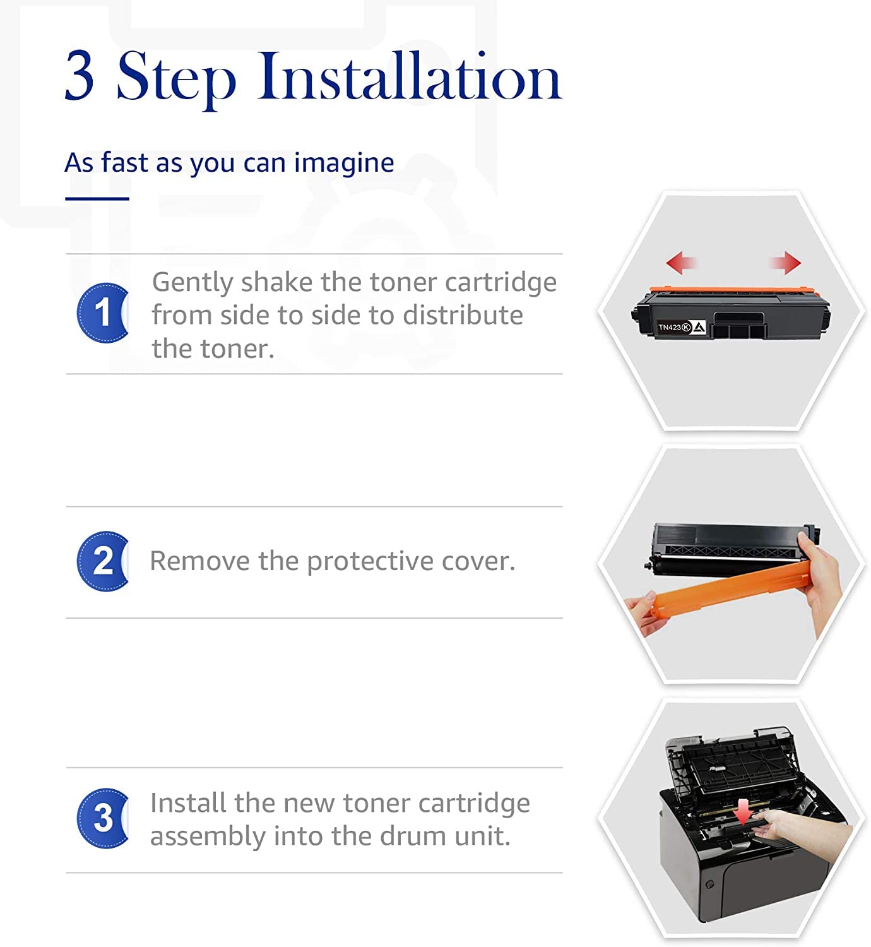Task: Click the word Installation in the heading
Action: click(x=409, y=76)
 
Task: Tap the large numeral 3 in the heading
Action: click(x=80, y=76)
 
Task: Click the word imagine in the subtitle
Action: click(x=344, y=164)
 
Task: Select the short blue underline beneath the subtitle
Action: click(x=97, y=199)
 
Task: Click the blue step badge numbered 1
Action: click(x=102, y=313)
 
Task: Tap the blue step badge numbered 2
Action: click(x=102, y=561)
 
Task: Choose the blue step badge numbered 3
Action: click(x=102, y=818)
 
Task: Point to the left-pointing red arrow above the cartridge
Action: click(x=681, y=263)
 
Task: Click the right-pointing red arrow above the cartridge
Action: click(x=786, y=263)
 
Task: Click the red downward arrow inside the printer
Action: click(x=745, y=811)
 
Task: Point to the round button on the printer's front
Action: click(x=709, y=884)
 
